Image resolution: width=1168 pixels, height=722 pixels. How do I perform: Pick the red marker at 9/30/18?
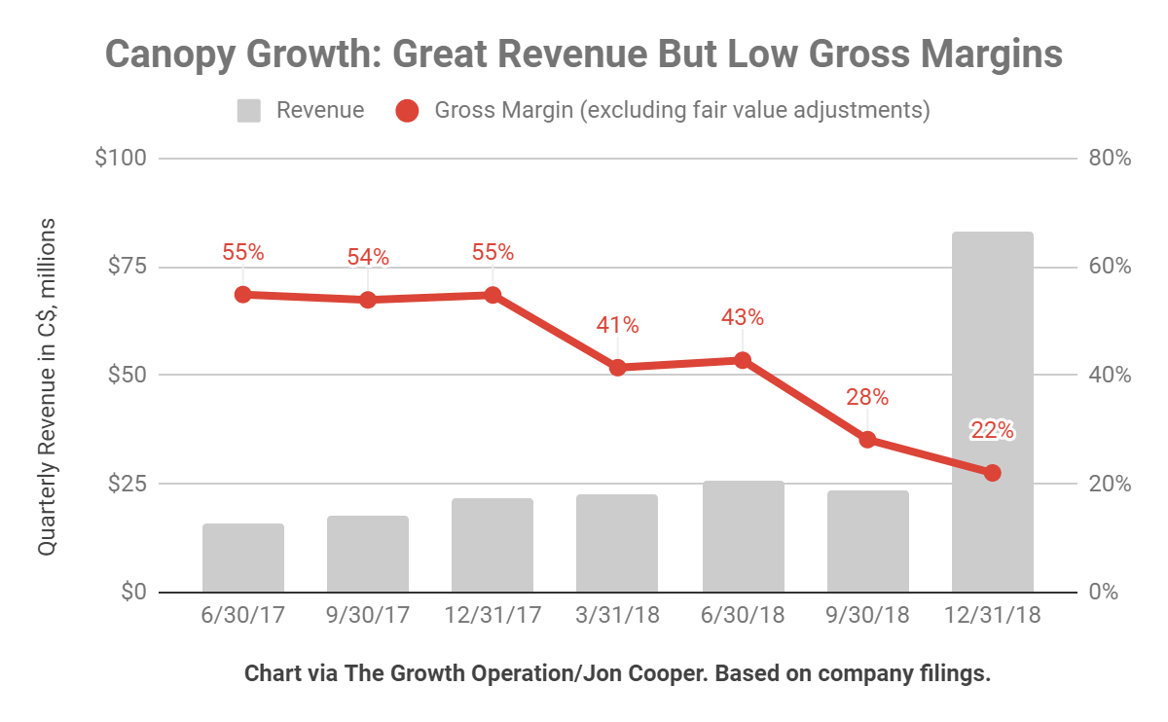867,440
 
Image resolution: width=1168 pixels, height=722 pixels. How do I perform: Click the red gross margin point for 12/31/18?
992,473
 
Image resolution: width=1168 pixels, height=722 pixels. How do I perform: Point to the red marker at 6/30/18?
743,360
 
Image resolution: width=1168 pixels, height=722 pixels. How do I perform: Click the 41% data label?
617,324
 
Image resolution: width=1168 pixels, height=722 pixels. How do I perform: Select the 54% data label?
368,258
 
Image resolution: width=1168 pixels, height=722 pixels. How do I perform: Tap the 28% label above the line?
867,397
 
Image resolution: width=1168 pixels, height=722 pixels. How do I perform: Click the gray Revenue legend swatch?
249,111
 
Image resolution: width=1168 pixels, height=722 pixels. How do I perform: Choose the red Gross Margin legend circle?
408,111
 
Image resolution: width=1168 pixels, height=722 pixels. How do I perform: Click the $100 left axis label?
121,158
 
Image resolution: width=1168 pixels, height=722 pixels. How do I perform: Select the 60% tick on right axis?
1108,267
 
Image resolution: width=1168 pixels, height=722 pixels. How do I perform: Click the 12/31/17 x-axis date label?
493,617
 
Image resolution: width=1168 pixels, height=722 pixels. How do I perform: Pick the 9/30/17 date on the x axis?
368,617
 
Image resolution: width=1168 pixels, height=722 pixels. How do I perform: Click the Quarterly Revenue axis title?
47,387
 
